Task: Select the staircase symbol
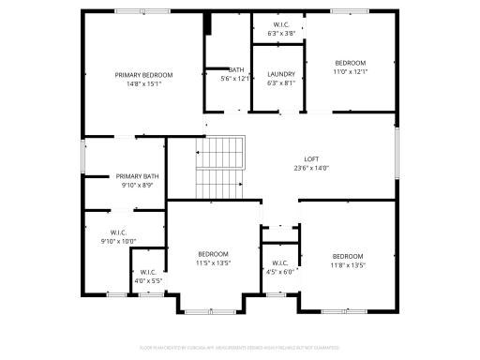tap(219, 167)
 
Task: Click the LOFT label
tap(311, 159)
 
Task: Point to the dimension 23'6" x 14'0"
tap(311, 169)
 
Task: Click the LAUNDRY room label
tap(281, 74)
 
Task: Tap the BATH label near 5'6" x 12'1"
tap(236, 69)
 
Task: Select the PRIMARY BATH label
tap(138, 176)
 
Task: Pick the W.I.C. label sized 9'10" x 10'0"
tap(118, 232)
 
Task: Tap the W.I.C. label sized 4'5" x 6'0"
tap(280, 263)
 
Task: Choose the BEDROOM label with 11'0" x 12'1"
tap(351, 63)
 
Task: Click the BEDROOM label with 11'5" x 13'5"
tap(213, 254)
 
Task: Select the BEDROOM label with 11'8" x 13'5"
tap(347, 256)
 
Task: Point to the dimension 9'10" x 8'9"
tap(138, 186)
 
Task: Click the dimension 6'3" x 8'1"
tap(281, 82)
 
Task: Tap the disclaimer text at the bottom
tap(240, 348)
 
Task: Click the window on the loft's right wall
tap(397, 153)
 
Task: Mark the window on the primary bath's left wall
tap(83, 156)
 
